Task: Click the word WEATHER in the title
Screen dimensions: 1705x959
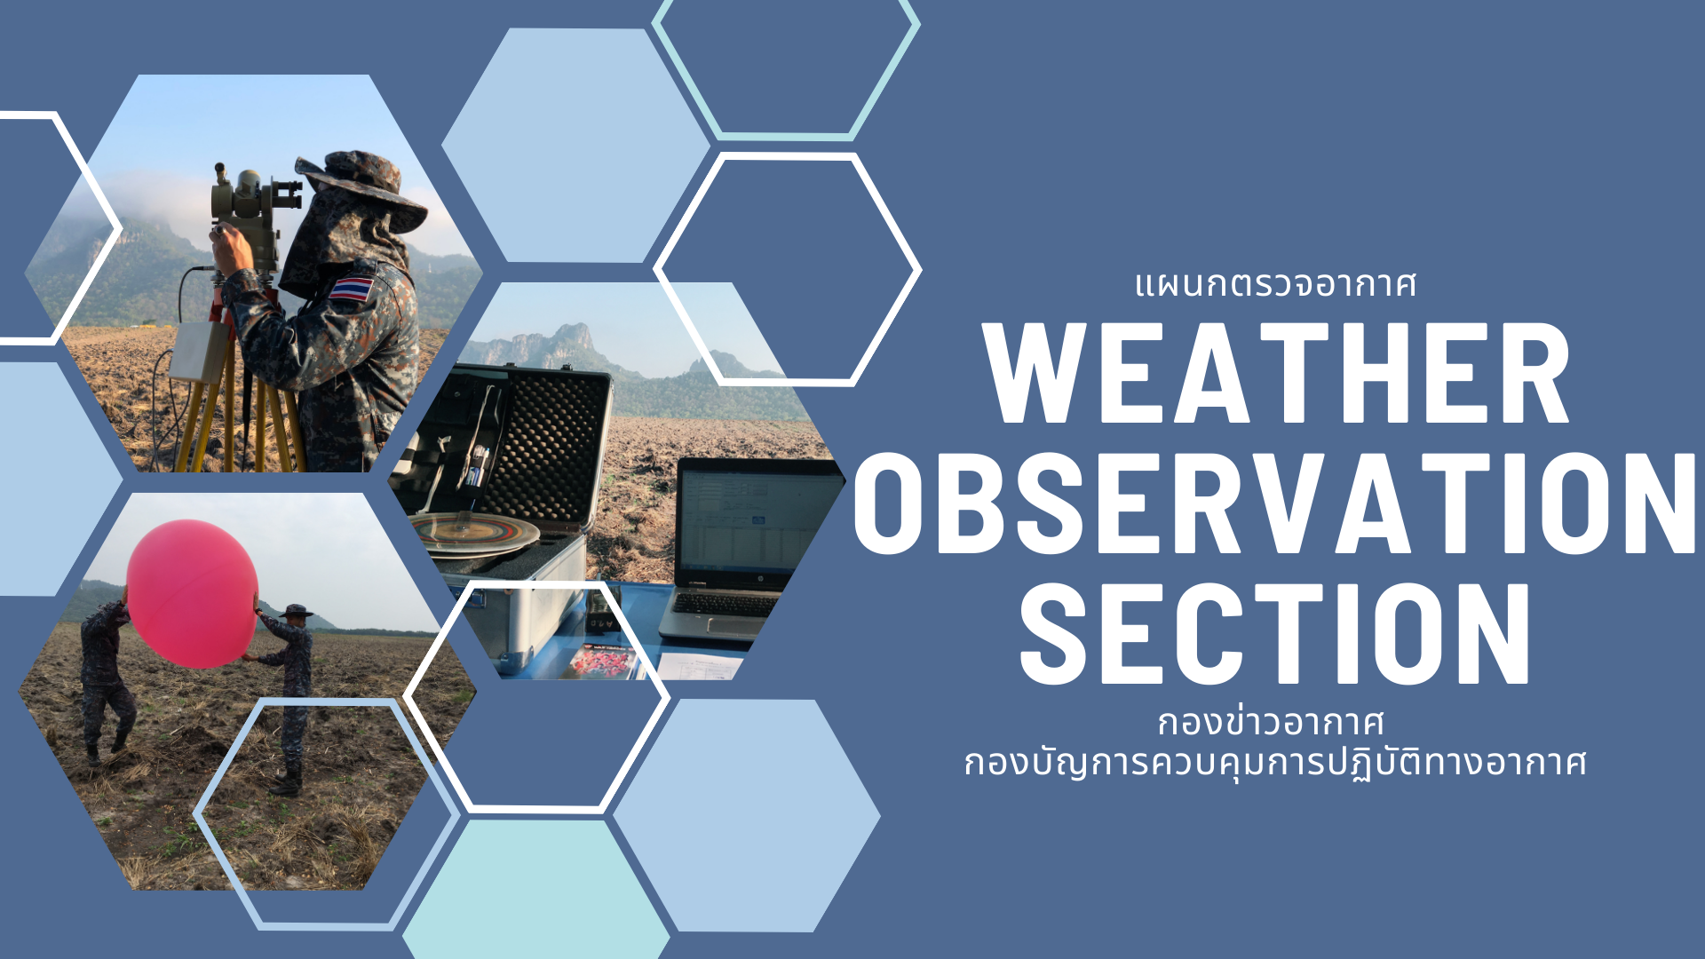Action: point(1277,373)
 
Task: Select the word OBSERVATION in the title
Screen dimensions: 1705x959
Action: point(1275,503)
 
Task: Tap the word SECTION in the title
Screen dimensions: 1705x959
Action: point(1276,634)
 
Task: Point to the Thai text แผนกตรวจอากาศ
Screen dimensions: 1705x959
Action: point(1275,285)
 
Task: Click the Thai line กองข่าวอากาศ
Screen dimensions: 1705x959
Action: point(1271,721)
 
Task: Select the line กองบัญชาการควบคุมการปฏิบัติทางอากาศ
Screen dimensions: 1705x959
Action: point(1275,762)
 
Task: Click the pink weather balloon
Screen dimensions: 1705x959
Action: point(192,593)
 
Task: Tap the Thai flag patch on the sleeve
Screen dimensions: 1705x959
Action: point(352,289)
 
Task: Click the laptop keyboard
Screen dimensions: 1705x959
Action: point(724,605)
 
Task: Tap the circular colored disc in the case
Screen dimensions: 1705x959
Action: point(475,532)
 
